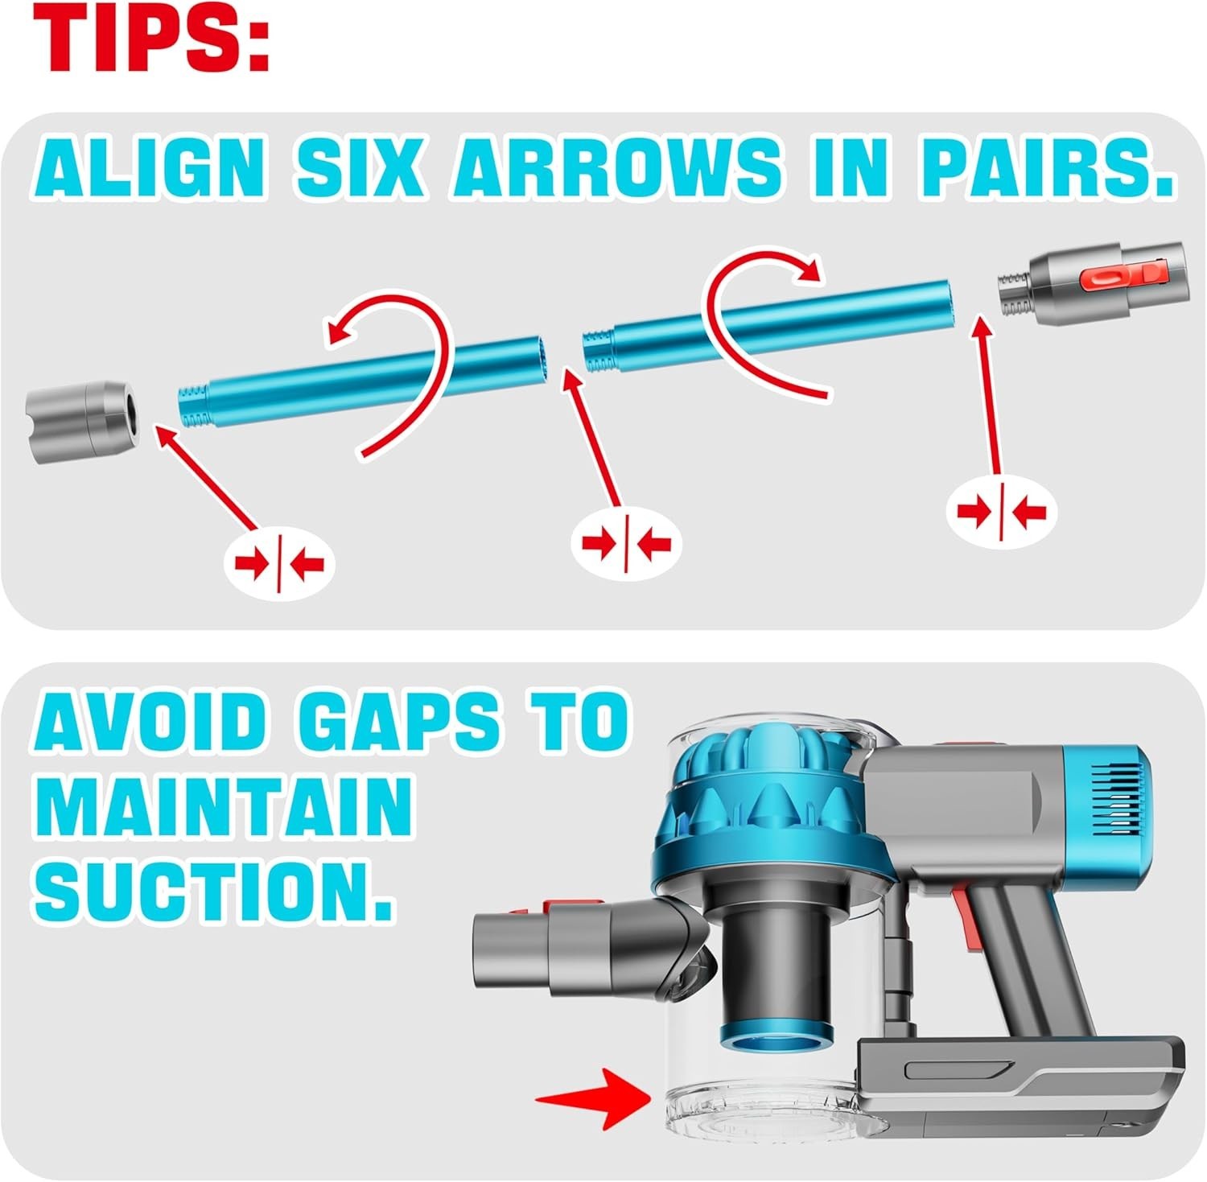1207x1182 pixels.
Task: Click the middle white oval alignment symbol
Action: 626,543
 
